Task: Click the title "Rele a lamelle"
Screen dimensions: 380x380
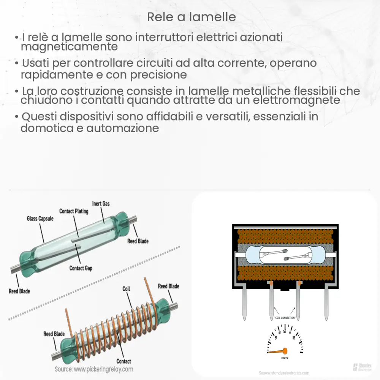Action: pyautogui.click(x=191, y=17)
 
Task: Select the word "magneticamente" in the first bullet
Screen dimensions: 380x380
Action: pyautogui.click(x=69, y=47)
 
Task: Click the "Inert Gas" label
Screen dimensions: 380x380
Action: pyautogui.click(x=101, y=204)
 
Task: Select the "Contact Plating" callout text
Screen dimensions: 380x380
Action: pyautogui.click(x=74, y=211)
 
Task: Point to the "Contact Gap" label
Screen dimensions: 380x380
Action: pyautogui.click(x=81, y=268)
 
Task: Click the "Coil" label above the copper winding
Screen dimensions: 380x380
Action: pyautogui.click(x=126, y=289)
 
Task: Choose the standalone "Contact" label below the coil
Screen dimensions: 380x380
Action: pyautogui.click(x=123, y=361)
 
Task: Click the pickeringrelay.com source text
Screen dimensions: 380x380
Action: pyautogui.click(x=94, y=369)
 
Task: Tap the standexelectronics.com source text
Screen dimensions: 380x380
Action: pyautogui.click(x=284, y=373)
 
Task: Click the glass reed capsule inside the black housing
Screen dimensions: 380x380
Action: pyautogui.click(x=285, y=254)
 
